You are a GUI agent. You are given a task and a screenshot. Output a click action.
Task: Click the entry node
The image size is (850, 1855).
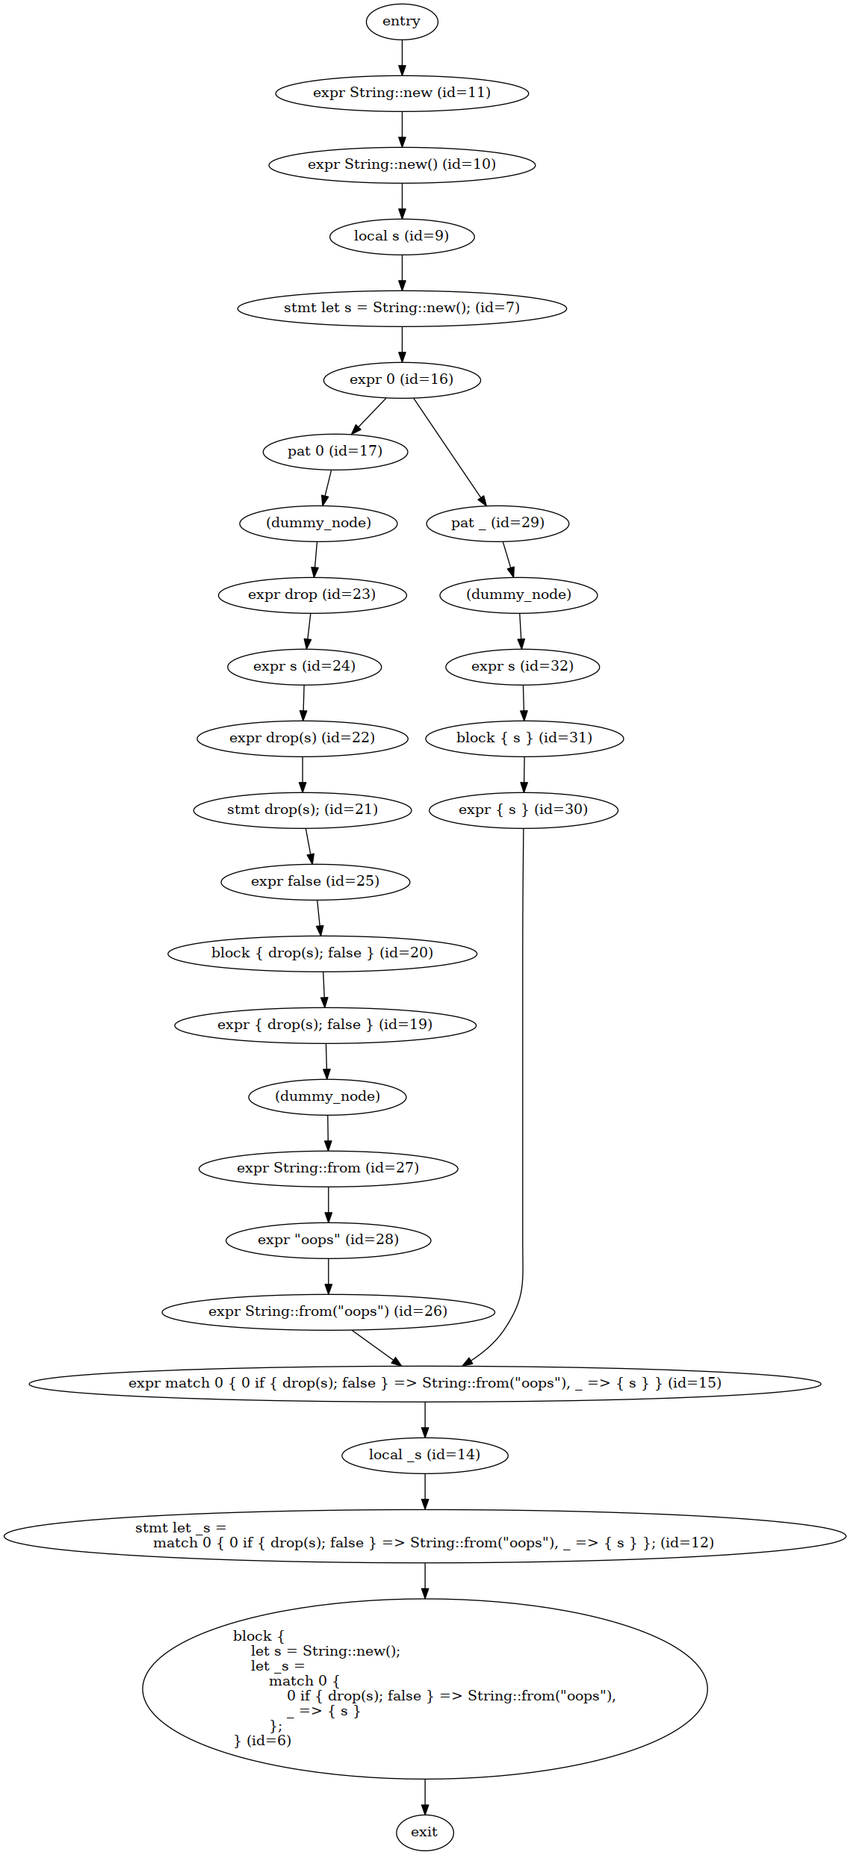pyautogui.click(x=402, y=21)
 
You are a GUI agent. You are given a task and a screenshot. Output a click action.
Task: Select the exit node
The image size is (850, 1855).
pyautogui.click(x=424, y=1832)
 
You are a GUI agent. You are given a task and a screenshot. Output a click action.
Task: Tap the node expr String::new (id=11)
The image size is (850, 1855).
pyautogui.click(x=402, y=93)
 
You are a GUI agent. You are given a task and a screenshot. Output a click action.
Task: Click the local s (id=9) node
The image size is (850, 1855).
pyautogui.click(x=402, y=236)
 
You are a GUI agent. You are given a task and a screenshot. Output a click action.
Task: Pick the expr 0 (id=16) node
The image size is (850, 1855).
pyautogui.click(x=402, y=379)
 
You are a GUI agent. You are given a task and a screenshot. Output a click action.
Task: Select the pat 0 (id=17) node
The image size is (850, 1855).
pyautogui.click(x=335, y=451)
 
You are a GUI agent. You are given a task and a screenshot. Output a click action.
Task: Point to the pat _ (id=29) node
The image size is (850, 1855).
pyautogui.click(x=497, y=523)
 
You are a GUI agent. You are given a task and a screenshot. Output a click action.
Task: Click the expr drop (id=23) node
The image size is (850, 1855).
pyautogui.click(x=312, y=594)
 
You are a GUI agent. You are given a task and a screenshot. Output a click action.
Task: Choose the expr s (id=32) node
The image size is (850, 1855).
pyautogui.click(x=523, y=666)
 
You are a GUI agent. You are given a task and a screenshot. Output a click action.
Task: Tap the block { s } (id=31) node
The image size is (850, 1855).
pyautogui.click(x=524, y=738)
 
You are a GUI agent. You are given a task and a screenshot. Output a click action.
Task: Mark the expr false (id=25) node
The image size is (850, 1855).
pyautogui.click(x=315, y=881)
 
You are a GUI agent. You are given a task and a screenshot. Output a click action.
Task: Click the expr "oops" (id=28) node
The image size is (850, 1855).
pyautogui.click(x=329, y=1240)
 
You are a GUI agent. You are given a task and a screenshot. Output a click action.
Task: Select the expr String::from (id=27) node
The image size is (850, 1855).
pyautogui.click(x=329, y=1168)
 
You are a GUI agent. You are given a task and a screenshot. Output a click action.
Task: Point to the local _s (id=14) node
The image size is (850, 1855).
pyautogui.click(x=425, y=1455)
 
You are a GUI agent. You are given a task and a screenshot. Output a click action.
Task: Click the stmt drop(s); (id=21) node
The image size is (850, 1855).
pyautogui.click(x=303, y=810)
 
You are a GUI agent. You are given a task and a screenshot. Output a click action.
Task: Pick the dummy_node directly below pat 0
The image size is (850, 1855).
pyautogui.click(x=318, y=523)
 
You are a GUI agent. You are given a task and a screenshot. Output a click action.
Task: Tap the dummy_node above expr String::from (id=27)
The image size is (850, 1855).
pyautogui.click(x=327, y=1096)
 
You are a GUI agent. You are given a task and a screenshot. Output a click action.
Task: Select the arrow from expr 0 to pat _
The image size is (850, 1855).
pyautogui.click(x=450, y=452)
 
